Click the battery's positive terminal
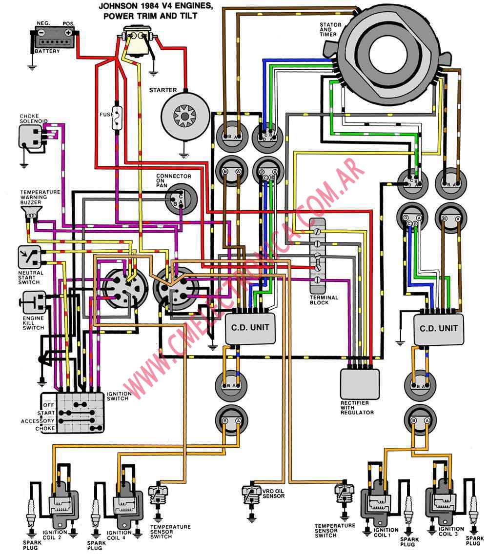[x=68, y=33]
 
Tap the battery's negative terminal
[x=41, y=33]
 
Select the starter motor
[x=184, y=116]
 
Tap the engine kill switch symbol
[x=33, y=303]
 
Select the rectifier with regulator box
[x=360, y=384]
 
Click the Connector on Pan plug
[x=181, y=199]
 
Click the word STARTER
[x=163, y=90]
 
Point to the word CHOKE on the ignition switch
[x=45, y=429]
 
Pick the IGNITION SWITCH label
[x=119, y=396]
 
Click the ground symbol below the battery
[x=32, y=67]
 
